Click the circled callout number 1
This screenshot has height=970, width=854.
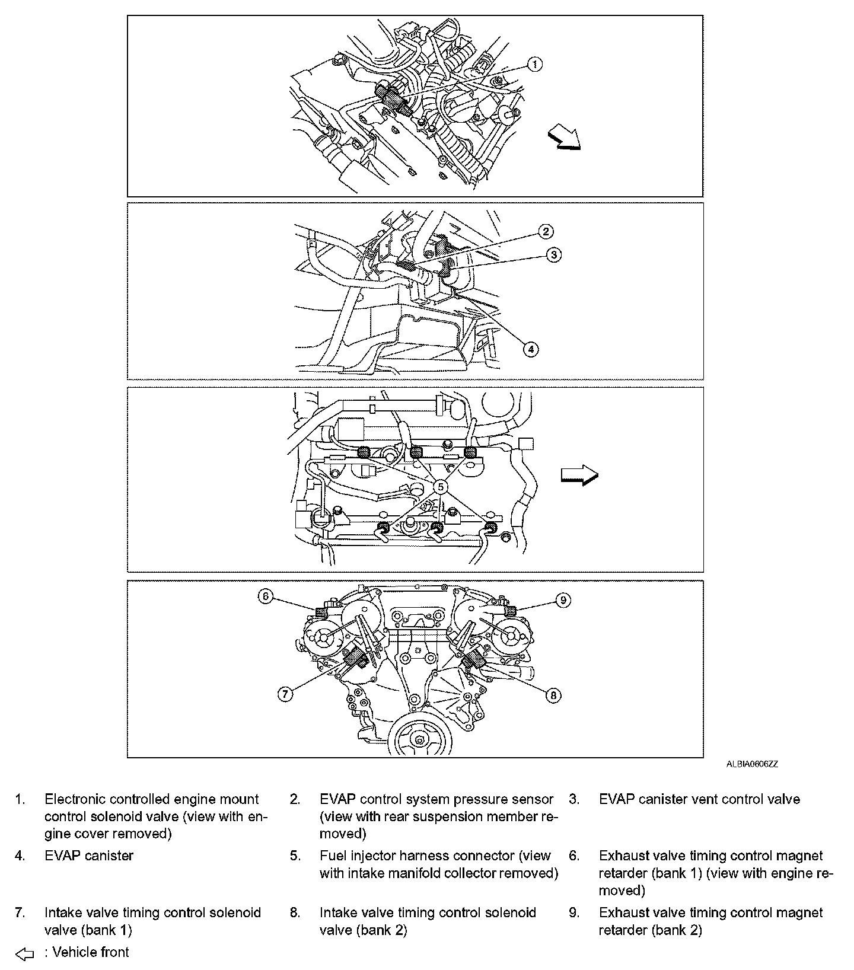(534, 64)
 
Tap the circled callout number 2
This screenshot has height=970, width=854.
(546, 231)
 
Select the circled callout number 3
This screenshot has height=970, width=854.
(553, 255)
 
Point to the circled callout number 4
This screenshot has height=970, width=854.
(531, 349)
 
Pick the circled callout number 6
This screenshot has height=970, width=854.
(265, 597)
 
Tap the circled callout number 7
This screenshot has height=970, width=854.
(286, 694)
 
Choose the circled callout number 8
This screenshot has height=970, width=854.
(553, 695)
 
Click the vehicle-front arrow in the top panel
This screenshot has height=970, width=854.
(563, 141)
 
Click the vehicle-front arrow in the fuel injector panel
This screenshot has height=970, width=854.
(579, 475)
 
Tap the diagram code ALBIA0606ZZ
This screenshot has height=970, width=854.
(752, 764)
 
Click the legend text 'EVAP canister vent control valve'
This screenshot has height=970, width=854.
(699, 799)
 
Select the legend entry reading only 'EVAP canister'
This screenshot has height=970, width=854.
(89, 856)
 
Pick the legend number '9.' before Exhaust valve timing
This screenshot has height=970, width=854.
(573, 912)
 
